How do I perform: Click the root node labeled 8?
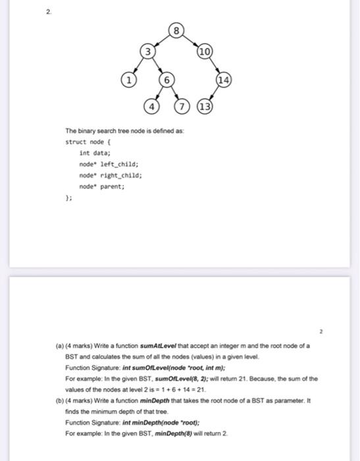click(175, 30)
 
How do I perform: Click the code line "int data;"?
click(94, 152)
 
